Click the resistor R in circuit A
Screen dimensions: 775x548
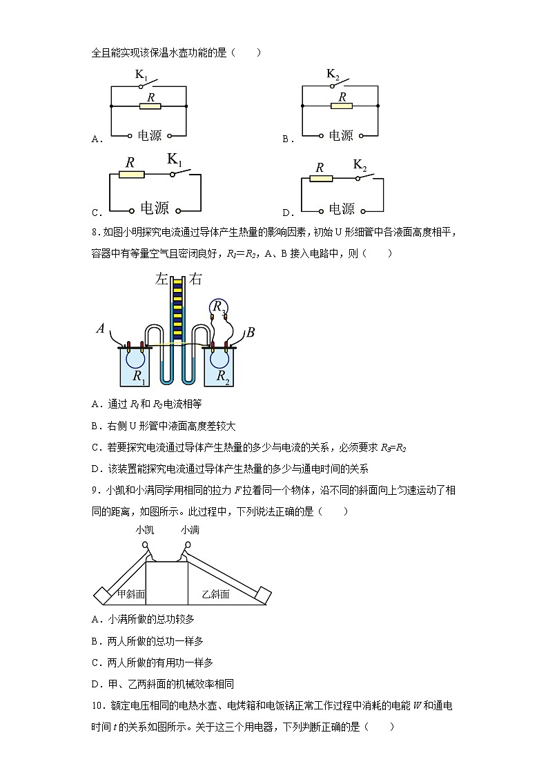tap(150, 106)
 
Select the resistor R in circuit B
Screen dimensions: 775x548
tap(341, 106)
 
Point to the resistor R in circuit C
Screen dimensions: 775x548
tap(131, 175)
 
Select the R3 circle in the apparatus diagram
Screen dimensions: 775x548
tap(219, 306)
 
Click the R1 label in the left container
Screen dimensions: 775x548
tap(139, 376)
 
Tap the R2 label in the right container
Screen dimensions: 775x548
tap(222, 376)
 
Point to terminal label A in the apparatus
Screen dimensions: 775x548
tap(101, 330)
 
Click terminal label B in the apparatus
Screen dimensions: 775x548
tap(251, 333)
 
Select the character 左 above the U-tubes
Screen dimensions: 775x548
tap(162, 280)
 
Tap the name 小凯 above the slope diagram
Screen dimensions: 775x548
tap(145, 529)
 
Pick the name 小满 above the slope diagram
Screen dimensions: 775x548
tap(190, 529)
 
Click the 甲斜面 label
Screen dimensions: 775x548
tap(130, 593)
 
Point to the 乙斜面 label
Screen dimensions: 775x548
tap(215, 593)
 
